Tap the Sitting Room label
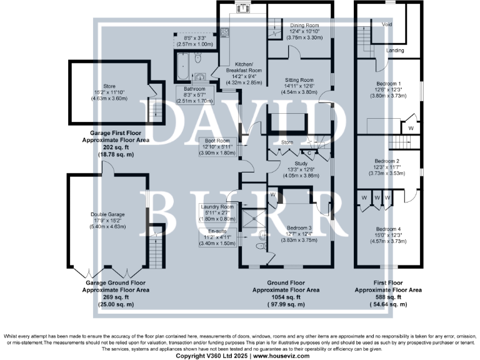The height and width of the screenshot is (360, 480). [x=298, y=81]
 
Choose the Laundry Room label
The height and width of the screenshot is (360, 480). [x=217, y=207]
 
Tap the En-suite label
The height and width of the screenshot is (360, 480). [x=217, y=231]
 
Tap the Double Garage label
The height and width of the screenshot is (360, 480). [x=107, y=214]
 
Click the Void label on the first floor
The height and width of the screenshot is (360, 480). [x=386, y=24]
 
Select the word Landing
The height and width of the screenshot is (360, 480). [x=394, y=50]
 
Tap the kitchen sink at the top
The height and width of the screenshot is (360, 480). [x=241, y=8]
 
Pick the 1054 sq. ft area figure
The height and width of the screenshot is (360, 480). [x=286, y=297]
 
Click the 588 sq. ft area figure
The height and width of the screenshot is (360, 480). [x=387, y=297]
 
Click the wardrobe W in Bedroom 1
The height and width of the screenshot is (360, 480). [x=411, y=127]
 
